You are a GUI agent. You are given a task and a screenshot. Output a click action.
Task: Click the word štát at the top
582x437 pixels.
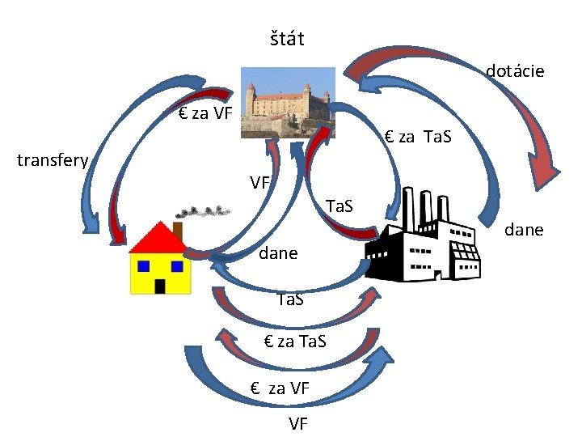[x=287, y=39]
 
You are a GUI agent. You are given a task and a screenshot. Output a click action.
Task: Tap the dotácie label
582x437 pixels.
[x=515, y=71]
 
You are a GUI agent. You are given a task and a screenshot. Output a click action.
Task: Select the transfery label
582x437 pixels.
[x=53, y=160]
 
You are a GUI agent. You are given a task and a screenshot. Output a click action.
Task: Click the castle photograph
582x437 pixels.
[x=289, y=103]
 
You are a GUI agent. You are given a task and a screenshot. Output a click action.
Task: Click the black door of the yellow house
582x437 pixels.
[x=161, y=286]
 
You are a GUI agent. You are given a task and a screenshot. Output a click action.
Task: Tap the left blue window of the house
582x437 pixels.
[x=144, y=266]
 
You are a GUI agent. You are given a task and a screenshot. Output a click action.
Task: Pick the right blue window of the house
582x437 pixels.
[x=177, y=266]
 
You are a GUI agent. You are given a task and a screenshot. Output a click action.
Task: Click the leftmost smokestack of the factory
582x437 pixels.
[x=407, y=209]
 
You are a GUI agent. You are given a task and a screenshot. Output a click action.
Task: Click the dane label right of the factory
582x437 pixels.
[x=523, y=230]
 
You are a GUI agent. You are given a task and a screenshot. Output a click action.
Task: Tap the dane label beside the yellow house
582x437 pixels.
[x=278, y=253]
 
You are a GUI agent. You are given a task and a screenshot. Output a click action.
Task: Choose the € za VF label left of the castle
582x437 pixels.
[x=205, y=113]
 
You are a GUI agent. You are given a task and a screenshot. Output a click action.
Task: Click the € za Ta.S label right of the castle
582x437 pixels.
[x=418, y=137]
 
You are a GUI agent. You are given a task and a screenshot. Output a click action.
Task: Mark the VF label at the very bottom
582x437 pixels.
[x=297, y=422]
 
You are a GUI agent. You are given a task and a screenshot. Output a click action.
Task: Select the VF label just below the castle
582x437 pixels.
[x=259, y=183]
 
